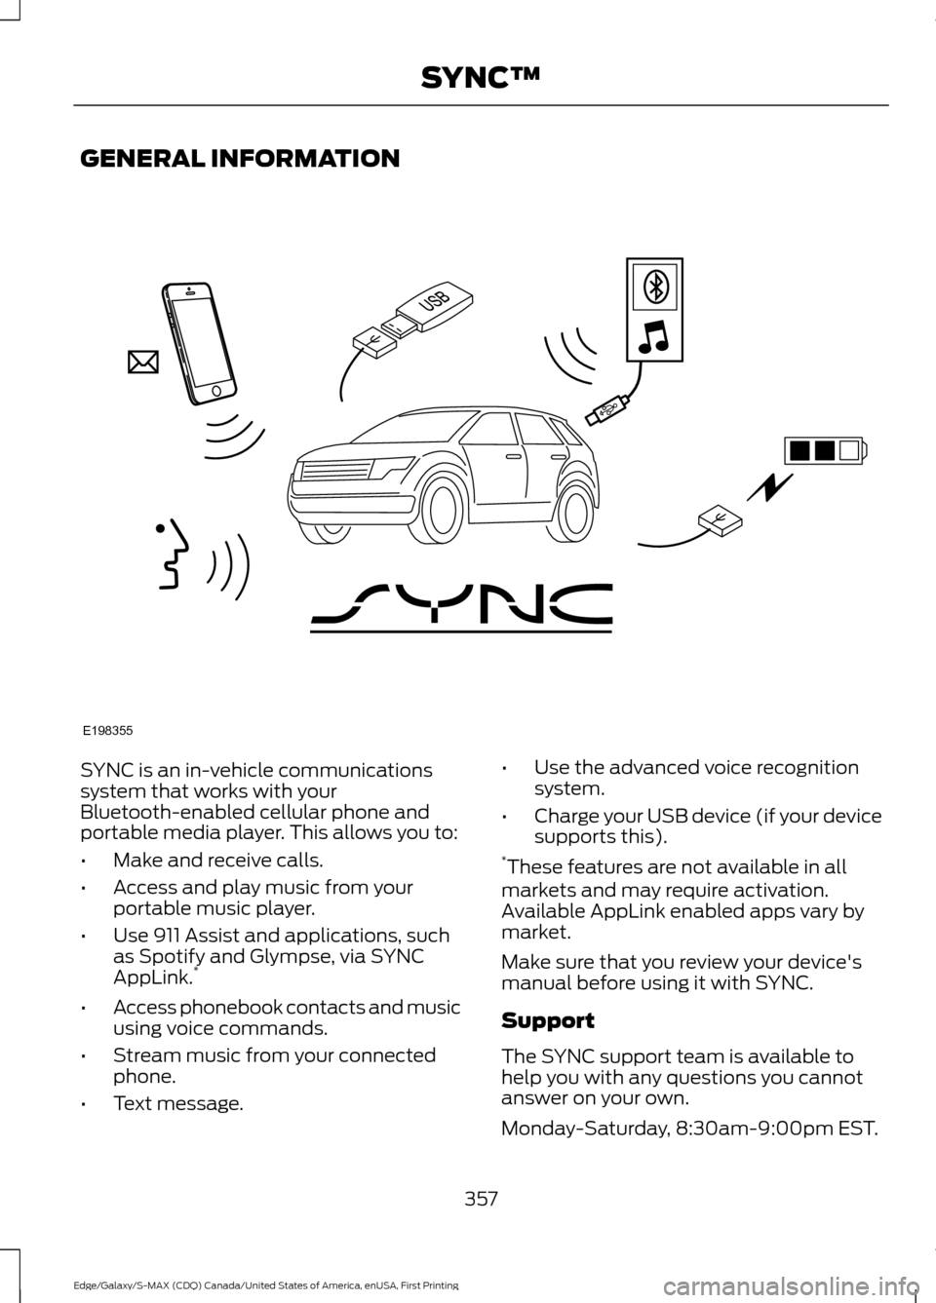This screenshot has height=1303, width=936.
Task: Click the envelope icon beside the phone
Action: (x=142, y=364)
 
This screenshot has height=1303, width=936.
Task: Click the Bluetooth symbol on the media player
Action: (x=655, y=287)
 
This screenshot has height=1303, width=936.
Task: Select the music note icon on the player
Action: (x=654, y=336)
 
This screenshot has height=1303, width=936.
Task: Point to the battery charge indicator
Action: (x=825, y=450)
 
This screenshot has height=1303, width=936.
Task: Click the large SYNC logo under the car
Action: (x=461, y=608)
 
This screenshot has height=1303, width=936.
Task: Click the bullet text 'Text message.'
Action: (x=178, y=1104)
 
